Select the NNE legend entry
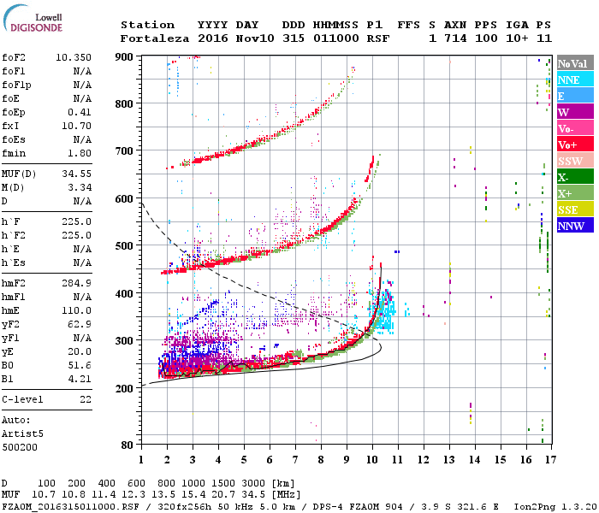[x=568, y=80]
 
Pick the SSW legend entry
[x=570, y=162]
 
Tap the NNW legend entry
[x=570, y=227]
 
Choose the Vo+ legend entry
[x=568, y=145]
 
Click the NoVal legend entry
[x=572, y=63]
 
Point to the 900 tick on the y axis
[x=126, y=56]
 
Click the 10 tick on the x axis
[x=372, y=460]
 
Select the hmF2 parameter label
[x=15, y=282]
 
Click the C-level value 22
[x=85, y=398]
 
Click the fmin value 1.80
[x=80, y=153]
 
